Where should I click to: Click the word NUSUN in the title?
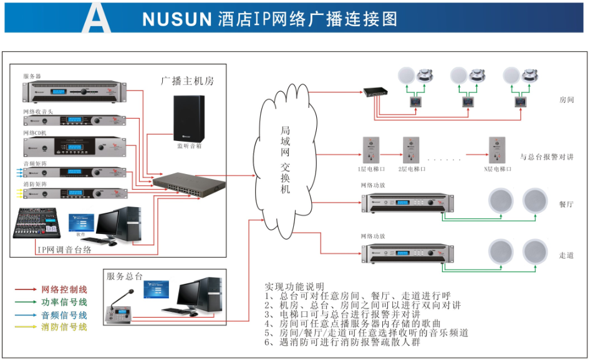tap(177, 19)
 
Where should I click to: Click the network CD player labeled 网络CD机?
tap(75, 147)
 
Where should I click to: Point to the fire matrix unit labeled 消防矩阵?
tap(75, 193)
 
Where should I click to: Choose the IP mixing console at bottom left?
tap(37, 223)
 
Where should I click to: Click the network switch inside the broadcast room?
tap(190, 181)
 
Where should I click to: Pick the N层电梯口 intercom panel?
tap(497, 150)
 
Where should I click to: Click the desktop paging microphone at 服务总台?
tap(118, 312)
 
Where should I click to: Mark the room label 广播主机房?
tap(187, 81)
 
